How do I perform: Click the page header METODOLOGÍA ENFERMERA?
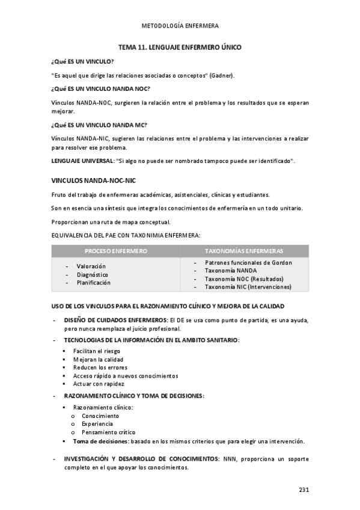tap(180, 26)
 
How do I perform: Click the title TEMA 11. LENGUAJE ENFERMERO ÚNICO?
tap(180, 47)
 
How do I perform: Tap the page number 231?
tap(304, 490)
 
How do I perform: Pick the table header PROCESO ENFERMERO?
tap(115, 251)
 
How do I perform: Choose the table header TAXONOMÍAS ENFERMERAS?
tap(244, 251)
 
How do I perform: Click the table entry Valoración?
tap(91, 266)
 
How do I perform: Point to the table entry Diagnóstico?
tap(93, 274)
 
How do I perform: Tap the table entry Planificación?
tap(94, 283)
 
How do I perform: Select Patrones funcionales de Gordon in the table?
tap(248, 263)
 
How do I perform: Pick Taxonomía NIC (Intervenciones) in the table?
tap(248, 287)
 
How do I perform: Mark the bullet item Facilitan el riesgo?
tap(96, 351)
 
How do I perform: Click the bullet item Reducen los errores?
tap(100, 367)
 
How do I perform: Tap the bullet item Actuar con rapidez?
tap(99, 384)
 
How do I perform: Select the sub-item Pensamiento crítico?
tap(108, 432)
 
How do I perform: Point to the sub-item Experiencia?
tap(97, 424)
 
